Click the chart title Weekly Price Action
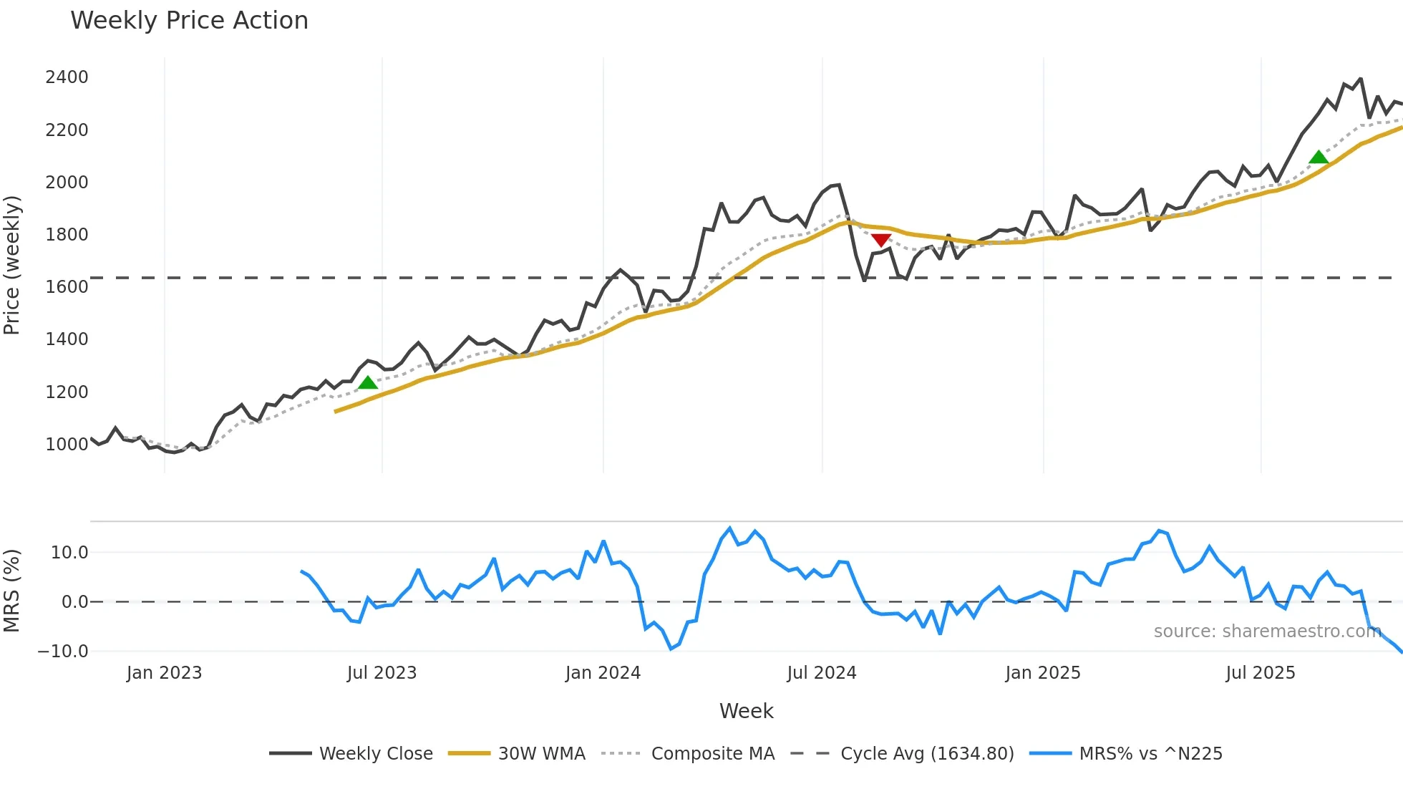pos(189,21)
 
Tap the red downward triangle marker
pos(881,240)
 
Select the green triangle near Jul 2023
pos(368,382)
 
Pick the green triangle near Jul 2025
pos(1319,158)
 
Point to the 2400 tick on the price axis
pos(67,77)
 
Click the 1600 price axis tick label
pos(67,287)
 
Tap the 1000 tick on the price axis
pos(67,445)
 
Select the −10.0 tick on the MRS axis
pos(63,652)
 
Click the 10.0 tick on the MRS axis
pos(69,553)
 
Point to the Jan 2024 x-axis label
pos(603,673)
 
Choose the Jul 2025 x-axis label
pos(1261,673)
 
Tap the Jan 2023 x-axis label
pos(164,673)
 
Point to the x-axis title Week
pos(746,711)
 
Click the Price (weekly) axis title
pos(12,265)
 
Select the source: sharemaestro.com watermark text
pos(1267,631)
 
